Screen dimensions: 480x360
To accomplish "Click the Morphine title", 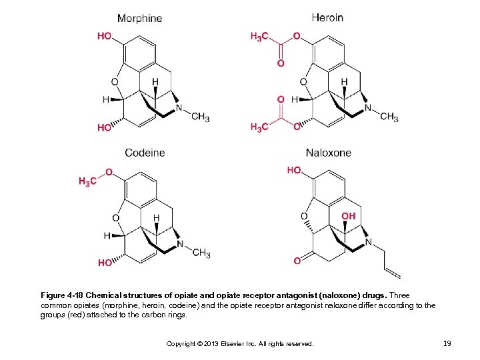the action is coord(139,18).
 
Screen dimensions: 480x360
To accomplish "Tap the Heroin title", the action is coord(327,17).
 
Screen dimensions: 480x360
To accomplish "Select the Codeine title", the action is coord(145,153).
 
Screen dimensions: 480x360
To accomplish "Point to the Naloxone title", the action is coord(328,153).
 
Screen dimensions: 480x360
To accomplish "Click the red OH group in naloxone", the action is coord(348,216).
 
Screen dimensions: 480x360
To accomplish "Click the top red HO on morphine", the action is coord(105,36).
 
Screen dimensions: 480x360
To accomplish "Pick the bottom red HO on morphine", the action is coord(105,127).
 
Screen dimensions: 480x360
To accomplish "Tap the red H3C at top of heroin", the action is coord(261,37).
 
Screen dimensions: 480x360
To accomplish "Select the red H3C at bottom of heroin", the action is coord(261,127).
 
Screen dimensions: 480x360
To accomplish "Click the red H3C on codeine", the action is coord(87,181).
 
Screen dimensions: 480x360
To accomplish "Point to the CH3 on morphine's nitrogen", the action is coord(200,117).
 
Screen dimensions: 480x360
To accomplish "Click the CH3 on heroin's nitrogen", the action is coord(389,117).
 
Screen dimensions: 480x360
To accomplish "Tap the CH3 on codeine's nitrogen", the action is coord(201,253).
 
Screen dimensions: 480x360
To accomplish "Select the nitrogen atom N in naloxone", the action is coord(368,242).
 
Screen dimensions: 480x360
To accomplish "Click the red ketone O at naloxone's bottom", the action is coord(297,261).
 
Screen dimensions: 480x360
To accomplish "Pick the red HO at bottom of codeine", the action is coord(105,263).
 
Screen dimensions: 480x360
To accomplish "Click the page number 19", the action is coord(447,343).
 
